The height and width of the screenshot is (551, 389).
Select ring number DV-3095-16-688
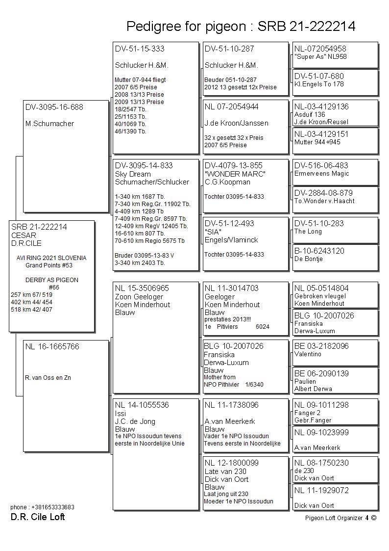pos(54,107)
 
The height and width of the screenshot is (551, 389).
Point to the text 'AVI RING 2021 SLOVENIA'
pos(51,258)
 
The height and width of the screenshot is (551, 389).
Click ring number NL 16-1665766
pos(52,347)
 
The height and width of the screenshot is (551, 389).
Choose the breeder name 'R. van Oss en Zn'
pos(48,378)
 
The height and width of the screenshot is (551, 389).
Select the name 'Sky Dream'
pos(133,174)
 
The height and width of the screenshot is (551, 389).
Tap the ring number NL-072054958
pos(320,49)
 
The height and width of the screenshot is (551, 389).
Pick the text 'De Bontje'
pos(308,259)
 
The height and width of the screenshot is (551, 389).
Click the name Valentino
pos(308,354)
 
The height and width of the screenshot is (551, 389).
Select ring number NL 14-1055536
pos(142,405)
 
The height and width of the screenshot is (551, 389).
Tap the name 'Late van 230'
pos(225,472)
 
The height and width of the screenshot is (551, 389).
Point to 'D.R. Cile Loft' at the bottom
pos(38,517)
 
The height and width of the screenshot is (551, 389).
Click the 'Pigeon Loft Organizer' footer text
pos(334,518)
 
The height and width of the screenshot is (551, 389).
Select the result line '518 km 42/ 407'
pos(31,310)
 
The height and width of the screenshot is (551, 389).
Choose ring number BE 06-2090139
pos(321,373)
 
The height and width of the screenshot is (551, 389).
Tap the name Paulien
pos(305,381)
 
